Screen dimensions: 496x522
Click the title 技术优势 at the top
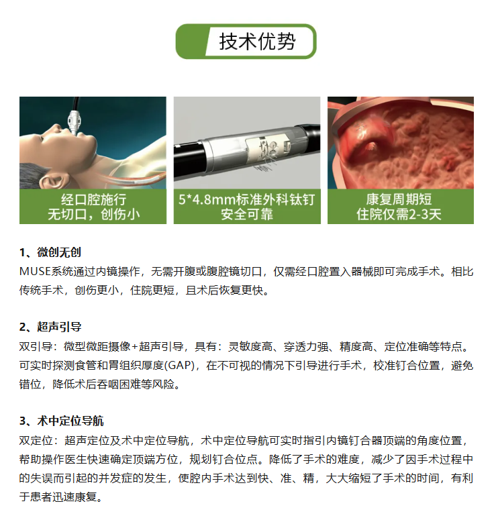point(257,42)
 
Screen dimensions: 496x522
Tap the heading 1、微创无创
point(50,252)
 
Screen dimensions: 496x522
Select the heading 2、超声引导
point(50,327)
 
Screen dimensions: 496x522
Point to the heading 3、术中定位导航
point(61,421)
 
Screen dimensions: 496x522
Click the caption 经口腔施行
point(93,199)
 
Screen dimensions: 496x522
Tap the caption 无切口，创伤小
point(93,214)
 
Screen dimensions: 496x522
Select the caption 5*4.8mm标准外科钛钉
point(246,199)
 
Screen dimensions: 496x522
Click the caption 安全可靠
point(247,214)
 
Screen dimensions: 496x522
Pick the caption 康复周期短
point(399,199)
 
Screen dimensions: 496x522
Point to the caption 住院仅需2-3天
point(399,214)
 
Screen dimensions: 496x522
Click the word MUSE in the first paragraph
point(35,271)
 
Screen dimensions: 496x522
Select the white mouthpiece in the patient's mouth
point(75,123)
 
